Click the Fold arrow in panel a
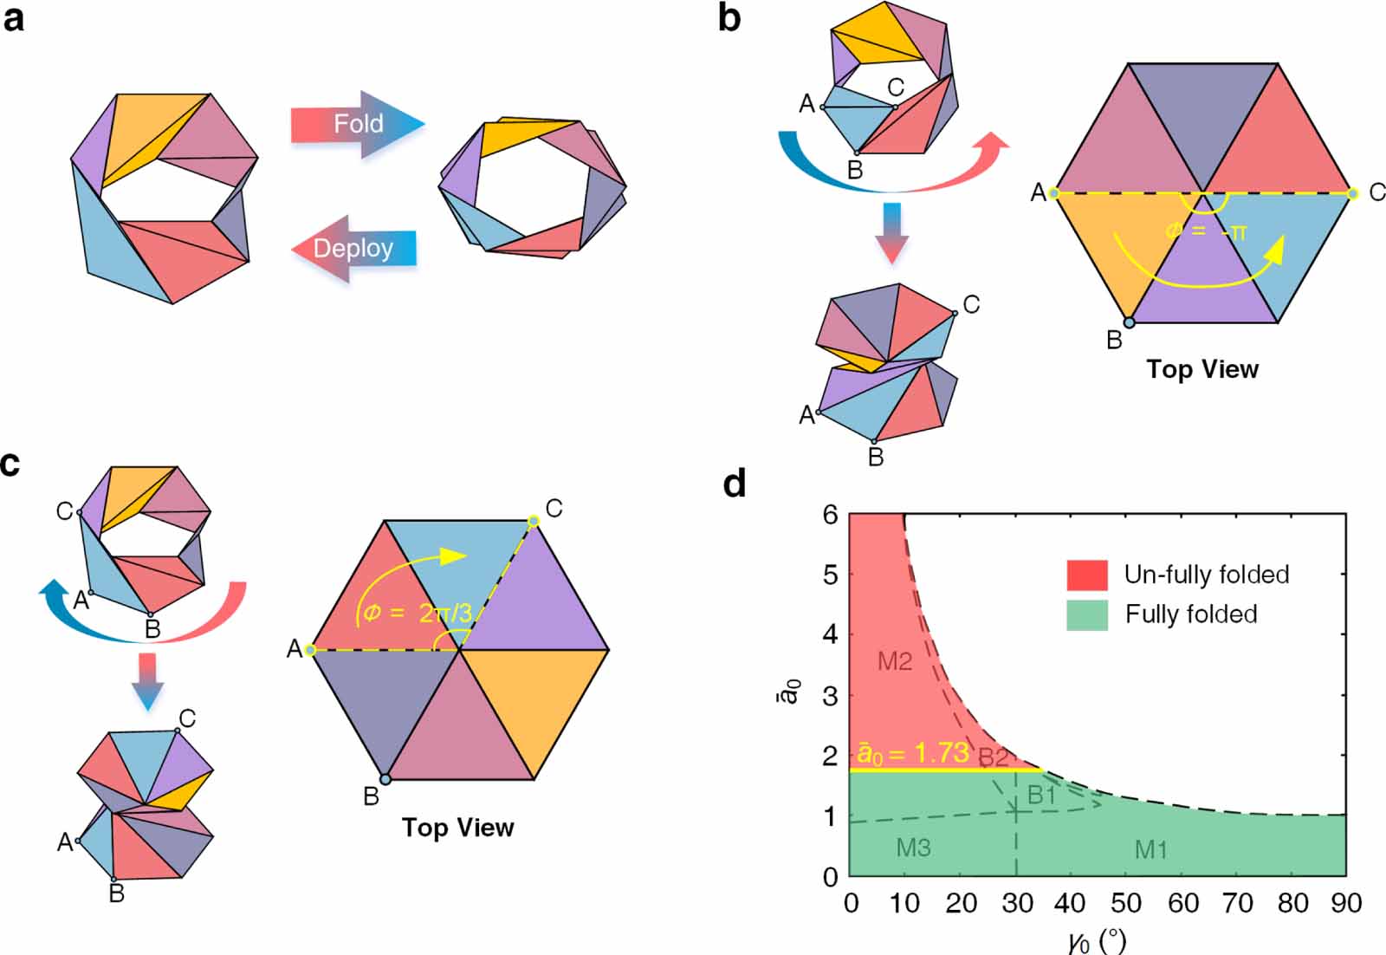(357, 124)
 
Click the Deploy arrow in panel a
(353, 249)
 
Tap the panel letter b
(729, 18)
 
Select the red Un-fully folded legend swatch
(1087, 575)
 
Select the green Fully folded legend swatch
(1087, 614)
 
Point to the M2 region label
(894, 662)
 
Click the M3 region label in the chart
(913, 848)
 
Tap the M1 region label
(1150, 850)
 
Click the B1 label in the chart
(1041, 795)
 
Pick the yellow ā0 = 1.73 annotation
(913, 753)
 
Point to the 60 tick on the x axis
(1183, 904)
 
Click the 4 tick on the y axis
(830, 635)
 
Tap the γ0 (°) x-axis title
(1097, 939)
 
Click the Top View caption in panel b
(1202, 369)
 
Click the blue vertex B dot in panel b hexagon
(1129, 322)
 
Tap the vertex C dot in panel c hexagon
(534, 521)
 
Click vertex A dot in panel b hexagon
(1054, 192)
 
